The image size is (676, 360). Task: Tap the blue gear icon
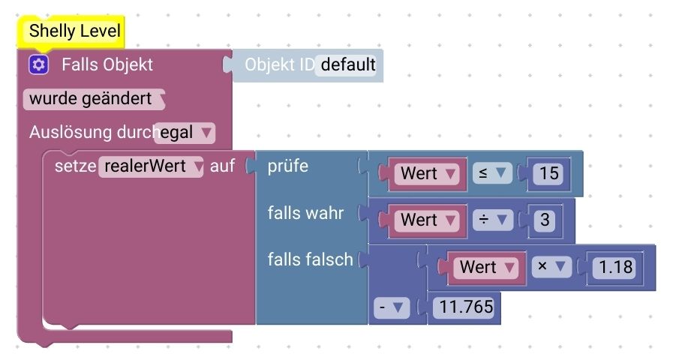(38, 64)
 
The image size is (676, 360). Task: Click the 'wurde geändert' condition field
(94, 99)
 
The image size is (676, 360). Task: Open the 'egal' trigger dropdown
(185, 132)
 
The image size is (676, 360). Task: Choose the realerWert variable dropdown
(151, 166)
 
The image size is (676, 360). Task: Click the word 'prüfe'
(287, 166)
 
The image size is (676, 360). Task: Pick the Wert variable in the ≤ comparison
(427, 174)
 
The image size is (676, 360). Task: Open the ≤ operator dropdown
(492, 173)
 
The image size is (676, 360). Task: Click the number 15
(548, 174)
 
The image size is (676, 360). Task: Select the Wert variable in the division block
(427, 220)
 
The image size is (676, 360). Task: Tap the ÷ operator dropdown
(493, 220)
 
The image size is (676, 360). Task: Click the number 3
(545, 220)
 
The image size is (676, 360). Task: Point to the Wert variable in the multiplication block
(487, 267)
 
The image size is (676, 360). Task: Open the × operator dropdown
(551, 267)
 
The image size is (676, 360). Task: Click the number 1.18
(615, 267)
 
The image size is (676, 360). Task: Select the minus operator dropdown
(392, 307)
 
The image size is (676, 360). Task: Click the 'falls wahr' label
(305, 213)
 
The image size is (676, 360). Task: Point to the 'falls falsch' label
(310, 259)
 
